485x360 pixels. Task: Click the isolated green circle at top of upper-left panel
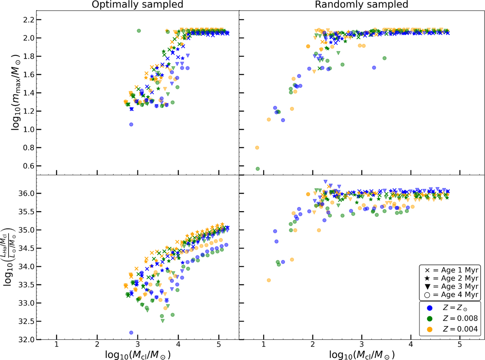tap(139, 31)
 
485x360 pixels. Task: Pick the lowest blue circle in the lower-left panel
tap(131, 332)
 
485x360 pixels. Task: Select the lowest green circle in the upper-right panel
tap(257, 169)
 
